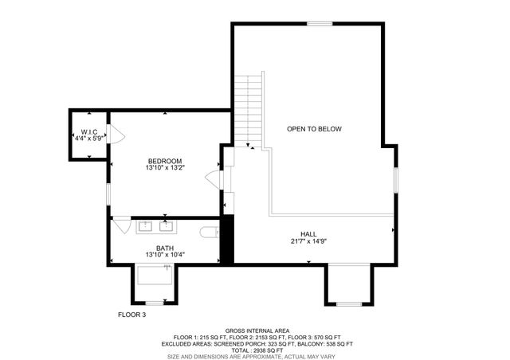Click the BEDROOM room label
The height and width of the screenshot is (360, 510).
[x=165, y=161]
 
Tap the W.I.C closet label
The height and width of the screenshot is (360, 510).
[x=88, y=131]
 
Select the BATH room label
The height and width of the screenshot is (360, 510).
[x=165, y=248]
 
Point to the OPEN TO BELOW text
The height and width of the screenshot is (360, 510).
[x=314, y=128]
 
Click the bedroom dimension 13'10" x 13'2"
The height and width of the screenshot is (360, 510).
[x=165, y=168]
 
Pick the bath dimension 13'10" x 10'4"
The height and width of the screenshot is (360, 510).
[x=165, y=255]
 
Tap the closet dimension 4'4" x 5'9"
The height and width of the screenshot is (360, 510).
[x=88, y=139]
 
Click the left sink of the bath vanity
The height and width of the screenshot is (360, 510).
[x=147, y=226]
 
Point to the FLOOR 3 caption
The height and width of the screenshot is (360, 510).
[x=132, y=315]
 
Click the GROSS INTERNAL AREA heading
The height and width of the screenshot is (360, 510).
[x=257, y=331]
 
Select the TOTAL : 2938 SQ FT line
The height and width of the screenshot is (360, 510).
[x=257, y=350]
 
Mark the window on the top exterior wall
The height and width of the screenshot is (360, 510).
[x=320, y=24]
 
